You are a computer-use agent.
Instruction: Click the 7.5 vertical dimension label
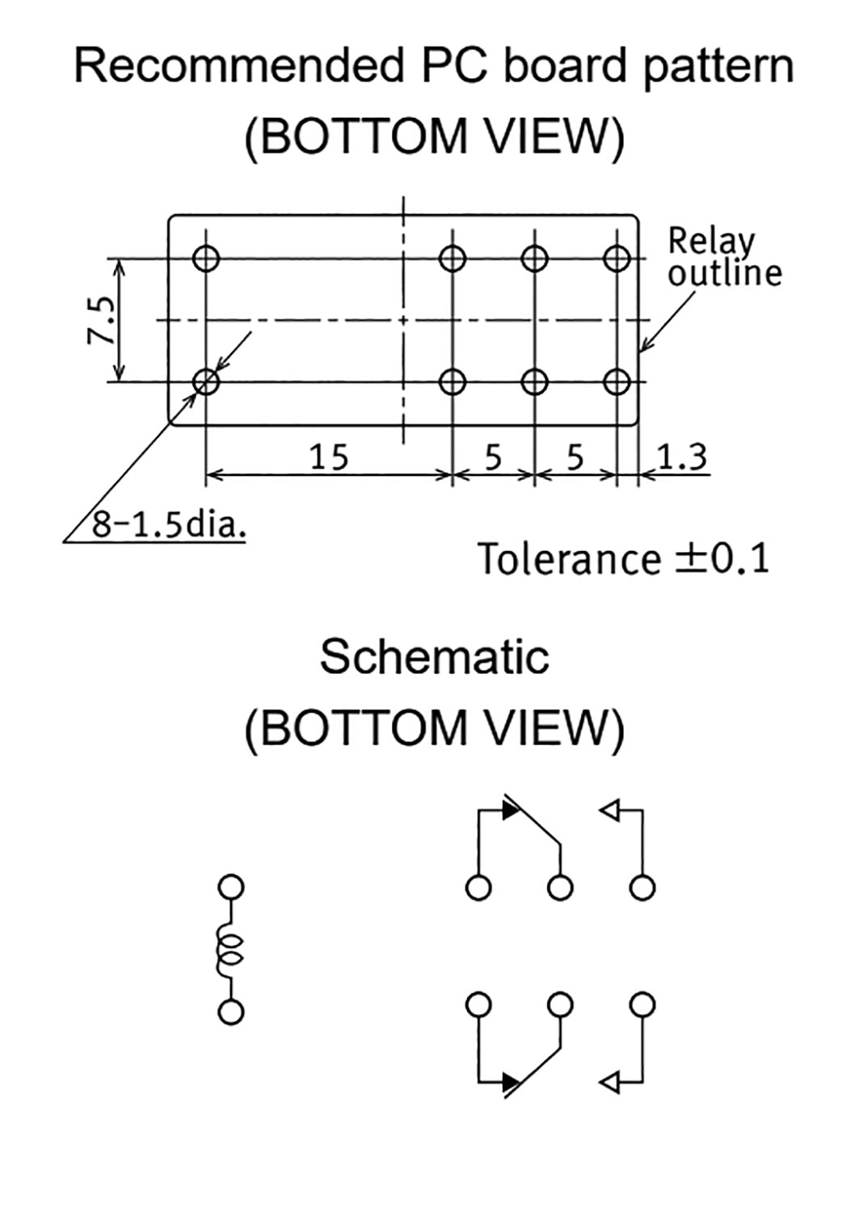pos(103,320)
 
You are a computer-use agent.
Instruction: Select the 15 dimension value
pos(329,457)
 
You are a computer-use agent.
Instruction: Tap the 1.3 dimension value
pos(681,457)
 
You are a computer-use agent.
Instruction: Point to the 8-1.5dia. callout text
pos(168,525)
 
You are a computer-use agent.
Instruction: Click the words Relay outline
pos(724,258)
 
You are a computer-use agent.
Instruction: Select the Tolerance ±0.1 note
pos(623,558)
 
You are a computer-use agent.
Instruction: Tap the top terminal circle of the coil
pos(231,887)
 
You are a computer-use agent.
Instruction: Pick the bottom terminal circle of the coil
pos(231,1013)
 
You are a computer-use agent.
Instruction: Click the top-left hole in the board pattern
pos(207,259)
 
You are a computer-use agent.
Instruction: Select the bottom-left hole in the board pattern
pos(207,381)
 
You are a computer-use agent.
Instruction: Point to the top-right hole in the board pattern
pos(617,259)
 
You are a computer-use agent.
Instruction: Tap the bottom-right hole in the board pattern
pos(617,381)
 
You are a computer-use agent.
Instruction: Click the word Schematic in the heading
pos(434,656)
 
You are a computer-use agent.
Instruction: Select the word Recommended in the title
pos(238,66)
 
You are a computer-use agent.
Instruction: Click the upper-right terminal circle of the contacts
pos(642,887)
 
